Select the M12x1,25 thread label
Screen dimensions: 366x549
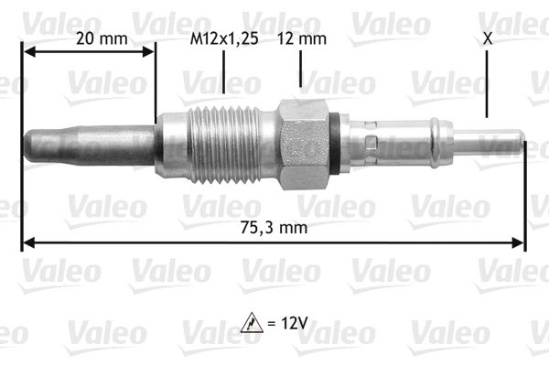pos(223,38)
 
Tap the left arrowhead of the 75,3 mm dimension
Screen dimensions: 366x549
pos(27,243)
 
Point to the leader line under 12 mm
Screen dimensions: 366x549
pos(299,69)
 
